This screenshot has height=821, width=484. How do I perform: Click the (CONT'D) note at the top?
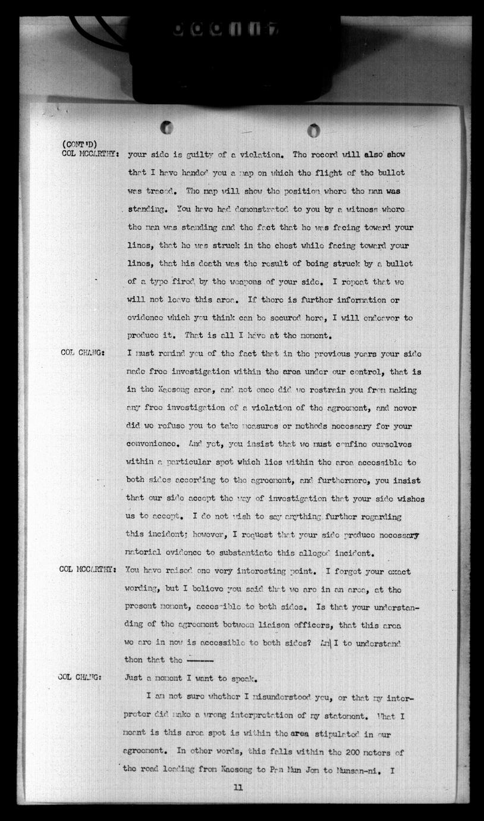(x=78, y=143)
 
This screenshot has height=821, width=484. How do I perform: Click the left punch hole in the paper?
(x=167, y=127)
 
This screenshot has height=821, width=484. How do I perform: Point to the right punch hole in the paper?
(x=313, y=130)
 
